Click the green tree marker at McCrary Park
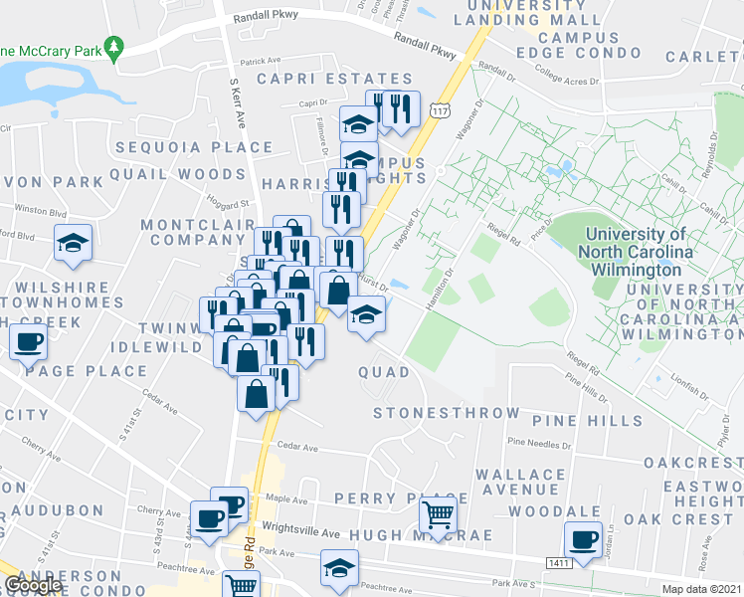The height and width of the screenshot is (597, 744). tap(115, 47)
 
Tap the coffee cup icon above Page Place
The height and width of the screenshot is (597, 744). tap(28, 342)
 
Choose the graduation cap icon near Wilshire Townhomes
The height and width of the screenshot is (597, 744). tap(73, 244)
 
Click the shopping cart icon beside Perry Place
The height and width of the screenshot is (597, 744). tap(438, 515)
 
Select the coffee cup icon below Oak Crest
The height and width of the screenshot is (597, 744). tap(582, 540)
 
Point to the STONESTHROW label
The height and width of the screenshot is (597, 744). tap(446, 413)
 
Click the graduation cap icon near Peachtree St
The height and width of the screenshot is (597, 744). tap(339, 566)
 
